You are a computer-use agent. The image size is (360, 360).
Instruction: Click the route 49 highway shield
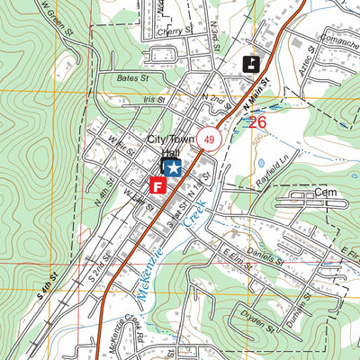point(209,139)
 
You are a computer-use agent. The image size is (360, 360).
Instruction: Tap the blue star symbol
point(171,167)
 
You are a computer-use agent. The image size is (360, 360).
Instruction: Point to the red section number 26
point(257,121)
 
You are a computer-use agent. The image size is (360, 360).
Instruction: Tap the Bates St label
point(132,78)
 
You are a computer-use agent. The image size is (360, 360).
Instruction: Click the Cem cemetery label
point(324,193)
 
